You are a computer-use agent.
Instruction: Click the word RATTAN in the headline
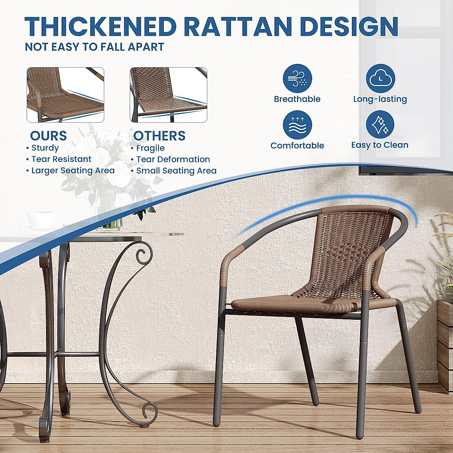239,26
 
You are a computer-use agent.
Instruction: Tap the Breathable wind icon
297,79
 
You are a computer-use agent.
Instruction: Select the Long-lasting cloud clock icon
380,79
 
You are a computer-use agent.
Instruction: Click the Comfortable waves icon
297,125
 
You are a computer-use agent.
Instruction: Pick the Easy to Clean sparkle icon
380,125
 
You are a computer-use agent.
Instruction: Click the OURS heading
48,136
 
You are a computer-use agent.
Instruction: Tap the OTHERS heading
159,136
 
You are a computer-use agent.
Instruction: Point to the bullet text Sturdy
45,148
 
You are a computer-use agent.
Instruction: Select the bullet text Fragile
150,148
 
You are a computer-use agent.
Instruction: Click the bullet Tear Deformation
173,159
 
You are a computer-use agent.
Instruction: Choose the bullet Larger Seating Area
73,171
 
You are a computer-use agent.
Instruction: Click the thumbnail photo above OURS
65,95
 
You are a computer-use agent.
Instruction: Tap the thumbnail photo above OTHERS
168,95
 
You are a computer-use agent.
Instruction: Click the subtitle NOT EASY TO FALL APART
94,47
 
